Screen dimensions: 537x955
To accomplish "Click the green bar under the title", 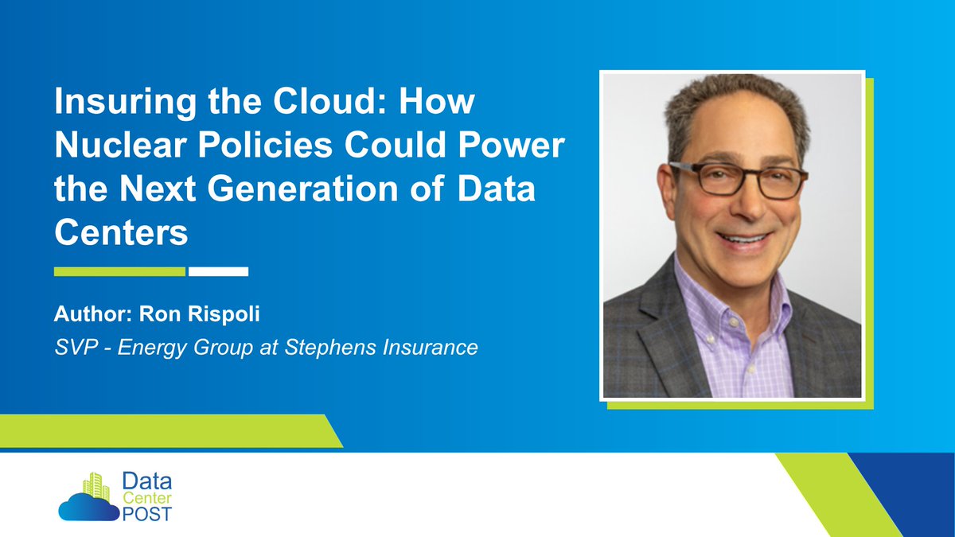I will [119, 271].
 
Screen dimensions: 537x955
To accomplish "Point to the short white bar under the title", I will [219, 271].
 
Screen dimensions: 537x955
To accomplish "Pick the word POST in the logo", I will [146, 512].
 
